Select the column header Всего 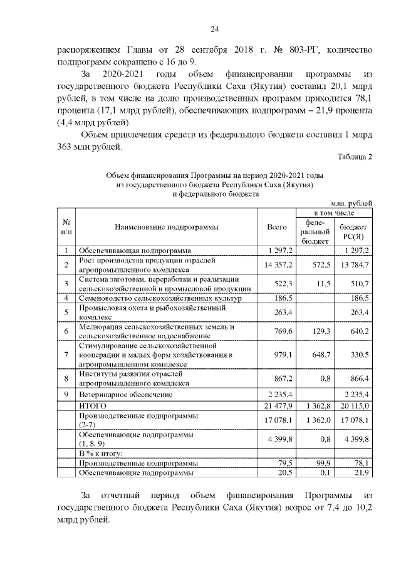276,226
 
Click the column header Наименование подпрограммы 167,226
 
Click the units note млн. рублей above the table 352,203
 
